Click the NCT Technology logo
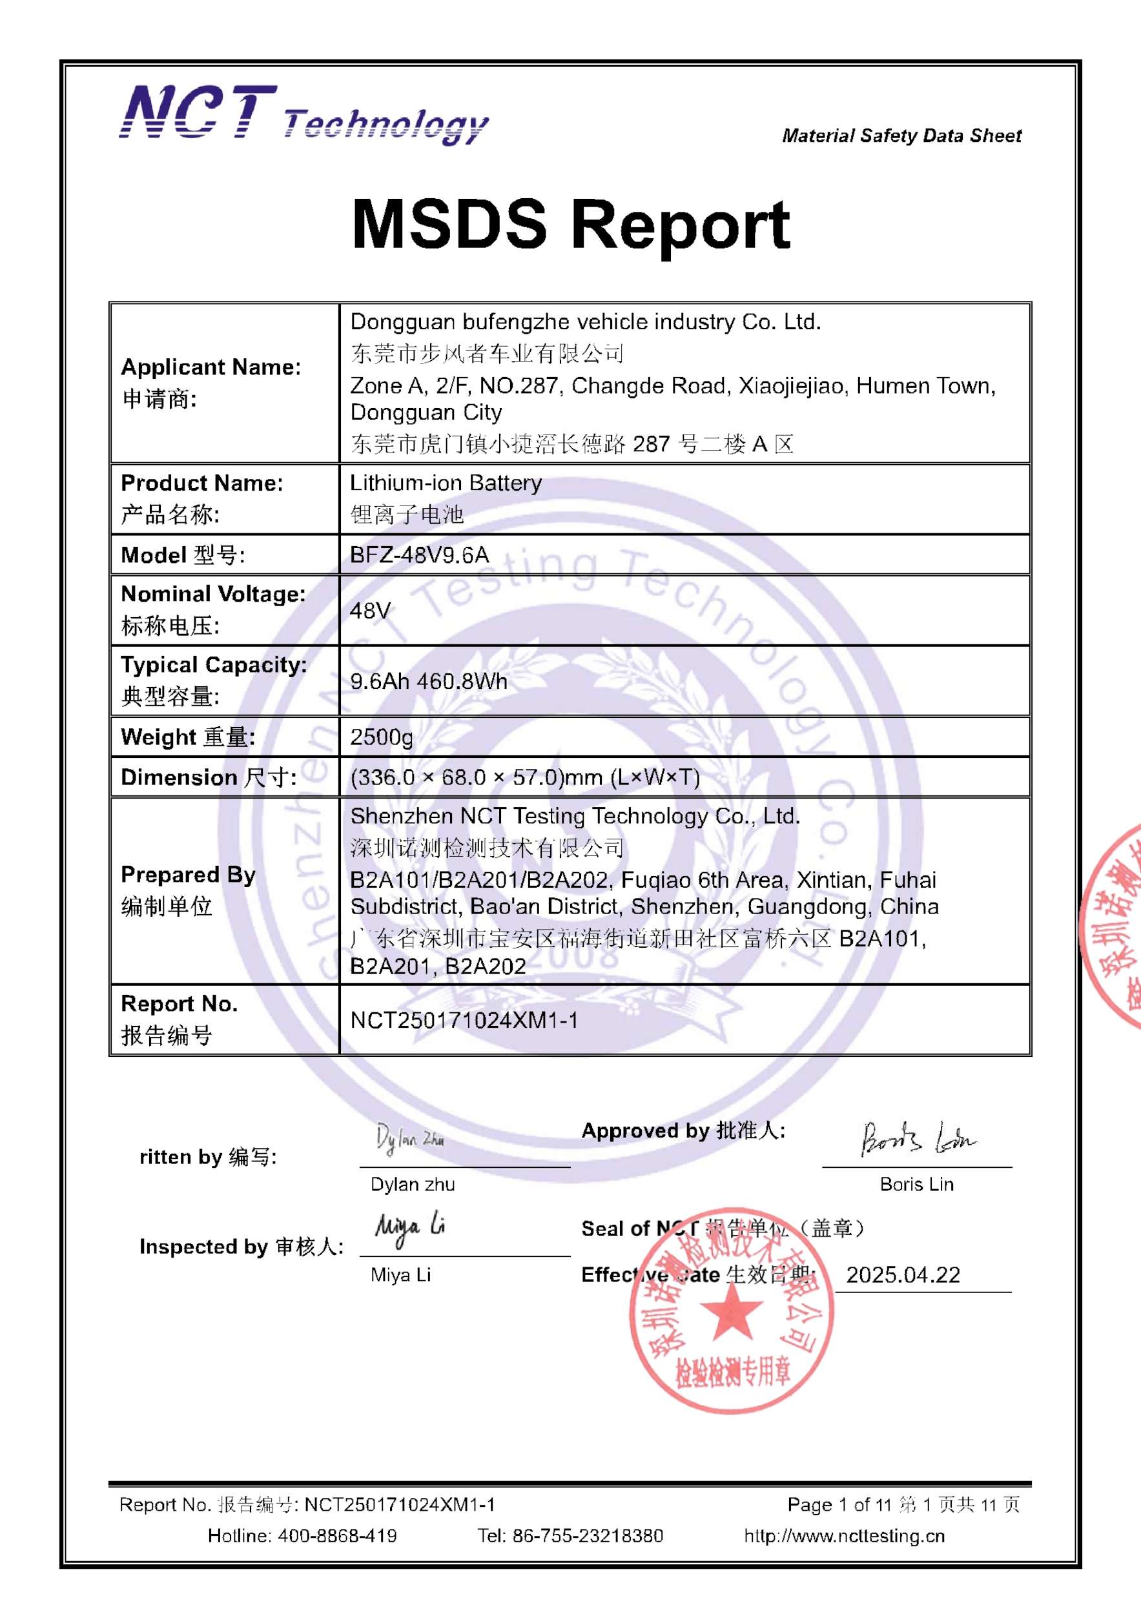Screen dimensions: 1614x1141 [x=303, y=114]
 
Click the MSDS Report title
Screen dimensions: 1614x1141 [x=570, y=224]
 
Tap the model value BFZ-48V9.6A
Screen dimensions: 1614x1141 [x=419, y=555]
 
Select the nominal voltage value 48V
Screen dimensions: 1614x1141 [x=370, y=610]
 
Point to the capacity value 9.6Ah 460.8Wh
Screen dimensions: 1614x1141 [x=428, y=681]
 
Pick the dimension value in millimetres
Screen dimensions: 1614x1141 [x=524, y=777]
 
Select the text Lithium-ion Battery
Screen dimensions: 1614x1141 [x=446, y=483]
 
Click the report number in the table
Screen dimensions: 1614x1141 [x=464, y=1020]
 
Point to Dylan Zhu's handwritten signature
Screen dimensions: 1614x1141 [x=410, y=1139]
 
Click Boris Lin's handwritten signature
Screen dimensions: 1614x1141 [x=917, y=1139]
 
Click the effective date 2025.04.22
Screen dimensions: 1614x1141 [x=903, y=1275]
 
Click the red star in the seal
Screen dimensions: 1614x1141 [x=731, y=1312]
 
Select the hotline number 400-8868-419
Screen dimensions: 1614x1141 [x=336, y=1536]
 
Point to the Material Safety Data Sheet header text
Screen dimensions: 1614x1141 [x=901, y=136]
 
